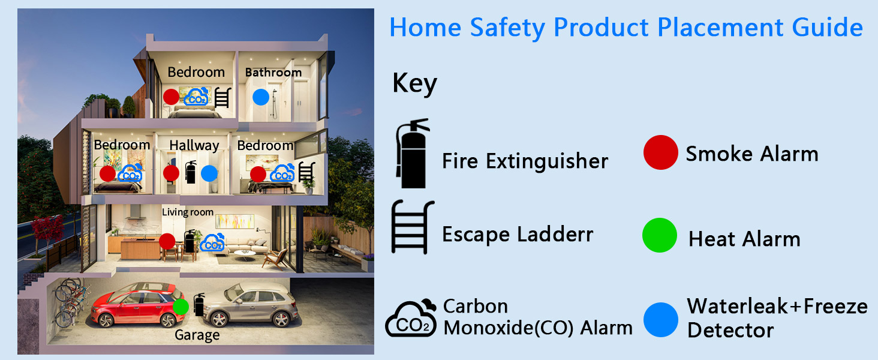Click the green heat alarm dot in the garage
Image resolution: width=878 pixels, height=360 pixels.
tap(181, 307)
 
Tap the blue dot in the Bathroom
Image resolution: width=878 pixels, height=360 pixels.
tap(260, 97)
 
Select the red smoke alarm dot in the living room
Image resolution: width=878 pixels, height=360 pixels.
tap(167, 241)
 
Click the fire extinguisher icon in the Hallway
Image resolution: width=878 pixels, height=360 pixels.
tap(191, 172)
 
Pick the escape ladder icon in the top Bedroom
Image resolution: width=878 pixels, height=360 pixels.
tap(222, 97)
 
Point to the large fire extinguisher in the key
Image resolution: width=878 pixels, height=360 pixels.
tap(413, 153)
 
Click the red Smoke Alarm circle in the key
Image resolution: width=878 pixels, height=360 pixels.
tap(660, 152)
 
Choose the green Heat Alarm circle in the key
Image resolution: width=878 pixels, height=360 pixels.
tap(660, 235)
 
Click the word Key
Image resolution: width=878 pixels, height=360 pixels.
tap(414, 84)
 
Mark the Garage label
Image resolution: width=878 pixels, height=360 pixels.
tap(197, 335)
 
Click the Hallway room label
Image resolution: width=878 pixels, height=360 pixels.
tap(194, 145)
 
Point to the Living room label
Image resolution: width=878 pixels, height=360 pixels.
tap(188, 212)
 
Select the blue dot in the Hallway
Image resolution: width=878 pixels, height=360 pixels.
tap(209, 173)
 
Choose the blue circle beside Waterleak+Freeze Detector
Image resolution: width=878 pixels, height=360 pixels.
tap(661, 319)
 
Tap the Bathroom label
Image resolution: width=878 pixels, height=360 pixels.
tap(273, 73)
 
